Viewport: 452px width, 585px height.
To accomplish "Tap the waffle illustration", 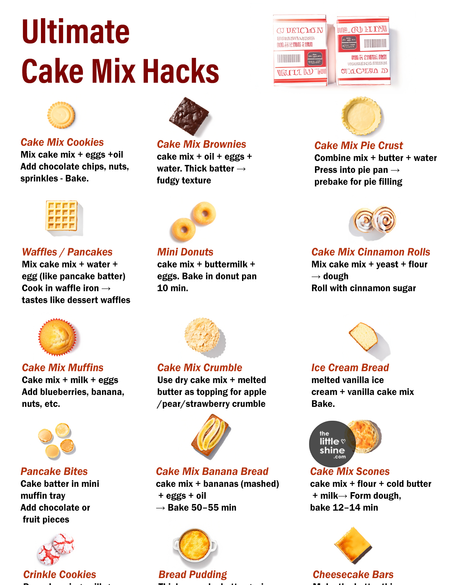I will tap(62, 216).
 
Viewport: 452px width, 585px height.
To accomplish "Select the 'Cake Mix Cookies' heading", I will tap(62, 142).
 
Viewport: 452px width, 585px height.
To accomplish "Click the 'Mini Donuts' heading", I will tap(185, 252).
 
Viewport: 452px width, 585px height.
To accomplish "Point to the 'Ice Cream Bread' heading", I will tap(350, 368).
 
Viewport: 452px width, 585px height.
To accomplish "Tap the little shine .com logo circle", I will tap(332, 444).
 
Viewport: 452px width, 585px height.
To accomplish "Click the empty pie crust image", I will tap(361, 116).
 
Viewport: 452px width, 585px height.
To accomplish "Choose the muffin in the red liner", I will tap(57, 337).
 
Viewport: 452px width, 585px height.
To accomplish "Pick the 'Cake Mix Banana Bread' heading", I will tap(212, 472).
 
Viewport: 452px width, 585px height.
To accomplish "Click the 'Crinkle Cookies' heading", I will tap(60, 575).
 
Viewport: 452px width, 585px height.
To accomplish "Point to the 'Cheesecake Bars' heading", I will tap(353, 575).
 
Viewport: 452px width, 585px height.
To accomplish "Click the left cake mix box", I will tap(300, 50).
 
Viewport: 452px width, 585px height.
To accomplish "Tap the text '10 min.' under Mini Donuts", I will tap(173, 288).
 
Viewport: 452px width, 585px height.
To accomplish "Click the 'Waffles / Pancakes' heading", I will tap(67, 252).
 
